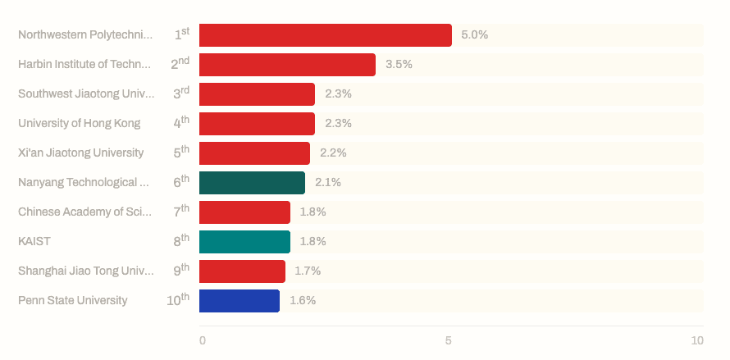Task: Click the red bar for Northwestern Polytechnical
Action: tap(325, 35)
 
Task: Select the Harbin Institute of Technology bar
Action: tap(287, 65)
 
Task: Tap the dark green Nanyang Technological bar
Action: tap(252, 183)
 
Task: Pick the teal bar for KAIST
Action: tap(244, 242)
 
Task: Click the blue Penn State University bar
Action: tap(240, 301)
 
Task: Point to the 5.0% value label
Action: tap(474, 35)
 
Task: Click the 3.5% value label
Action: tap(399, 65)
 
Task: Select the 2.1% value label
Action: tap(328, 183)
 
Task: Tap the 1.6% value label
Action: tap(303, 301)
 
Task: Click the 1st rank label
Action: tap(181, 34)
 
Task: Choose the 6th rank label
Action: tap(180, 182)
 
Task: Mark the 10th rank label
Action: tap(177, 300)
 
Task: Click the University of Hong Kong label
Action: tap(80, 124)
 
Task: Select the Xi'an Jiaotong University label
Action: tap(81, 153)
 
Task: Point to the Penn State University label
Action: tap(73, 301)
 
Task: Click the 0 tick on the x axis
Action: tap(203, 340)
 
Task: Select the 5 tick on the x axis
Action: tap(449, 340)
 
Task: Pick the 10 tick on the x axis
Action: tap(696, 340)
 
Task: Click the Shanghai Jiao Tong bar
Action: tap(242, 271)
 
